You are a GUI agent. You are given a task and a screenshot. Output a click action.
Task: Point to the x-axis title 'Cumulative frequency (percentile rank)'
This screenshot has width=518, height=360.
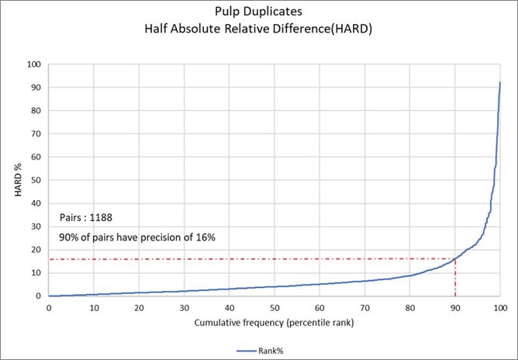(274, 322)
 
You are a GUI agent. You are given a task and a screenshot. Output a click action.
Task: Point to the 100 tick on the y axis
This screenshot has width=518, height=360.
(33, 64)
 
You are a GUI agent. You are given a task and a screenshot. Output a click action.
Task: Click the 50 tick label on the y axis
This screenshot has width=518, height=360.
(35, 180)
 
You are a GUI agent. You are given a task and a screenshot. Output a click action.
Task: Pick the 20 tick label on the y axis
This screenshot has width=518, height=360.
(35, 249)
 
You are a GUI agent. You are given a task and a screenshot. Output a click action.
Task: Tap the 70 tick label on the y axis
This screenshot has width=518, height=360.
(35, 133)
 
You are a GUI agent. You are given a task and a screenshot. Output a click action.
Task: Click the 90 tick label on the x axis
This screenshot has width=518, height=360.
(455, 307)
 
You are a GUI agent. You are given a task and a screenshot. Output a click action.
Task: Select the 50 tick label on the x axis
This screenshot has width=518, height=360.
(274, 307)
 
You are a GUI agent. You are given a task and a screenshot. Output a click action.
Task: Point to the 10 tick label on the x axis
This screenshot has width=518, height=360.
(94, 307)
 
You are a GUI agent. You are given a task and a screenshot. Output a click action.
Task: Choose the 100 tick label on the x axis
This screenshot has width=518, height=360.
(500, 307)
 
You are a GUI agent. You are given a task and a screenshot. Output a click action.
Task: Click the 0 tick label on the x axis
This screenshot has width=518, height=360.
(48, 307)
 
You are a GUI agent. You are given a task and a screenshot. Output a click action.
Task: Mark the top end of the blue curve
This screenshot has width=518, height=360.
(500, 82)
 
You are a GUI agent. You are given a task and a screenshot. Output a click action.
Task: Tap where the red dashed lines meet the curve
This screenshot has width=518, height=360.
(455, 258)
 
